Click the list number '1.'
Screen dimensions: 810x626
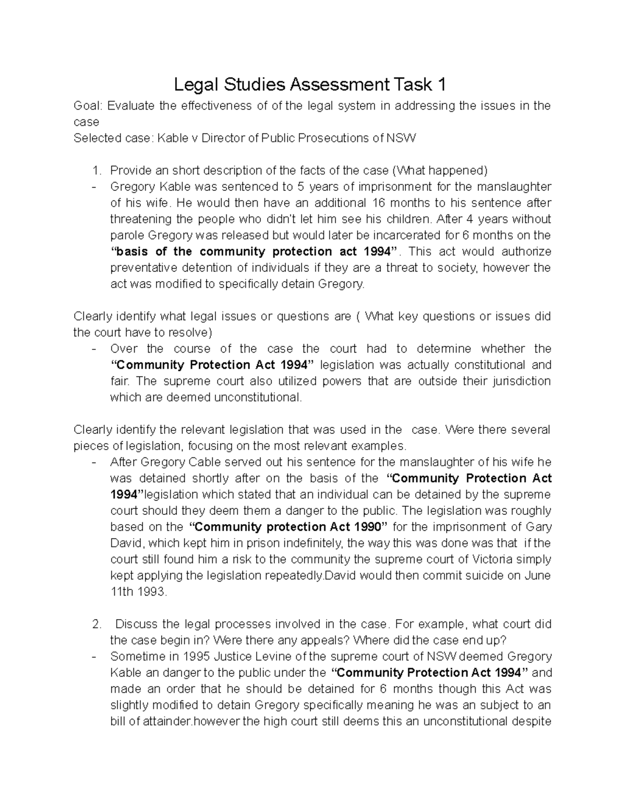pyautogui.click(x=95, y=171)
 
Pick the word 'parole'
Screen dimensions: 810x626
pyautogui.click(x=125, y=235)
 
